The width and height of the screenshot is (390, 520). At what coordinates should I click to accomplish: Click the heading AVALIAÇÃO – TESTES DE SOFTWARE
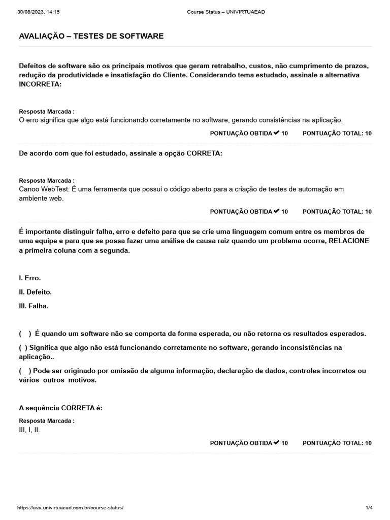pos(91,36)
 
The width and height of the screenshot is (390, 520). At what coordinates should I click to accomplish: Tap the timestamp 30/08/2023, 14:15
pos(38,12)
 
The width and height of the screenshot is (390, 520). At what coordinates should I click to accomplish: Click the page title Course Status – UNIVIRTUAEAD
pos(225,12)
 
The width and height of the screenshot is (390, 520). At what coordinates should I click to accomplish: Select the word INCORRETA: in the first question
pos(40,84)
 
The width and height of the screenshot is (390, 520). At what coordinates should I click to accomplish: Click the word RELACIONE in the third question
pos(349,240)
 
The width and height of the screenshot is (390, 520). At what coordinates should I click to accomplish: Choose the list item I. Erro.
pos(29,278)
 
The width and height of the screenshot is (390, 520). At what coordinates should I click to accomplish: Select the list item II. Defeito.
pos(35,292)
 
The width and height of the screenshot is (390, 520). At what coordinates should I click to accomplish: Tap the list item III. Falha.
pos(34,306)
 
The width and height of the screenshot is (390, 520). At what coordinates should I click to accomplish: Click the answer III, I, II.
pos(29,430)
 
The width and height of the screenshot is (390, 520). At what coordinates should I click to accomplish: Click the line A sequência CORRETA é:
pos(60,408)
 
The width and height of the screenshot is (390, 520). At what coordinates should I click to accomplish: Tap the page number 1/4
pos(369,507)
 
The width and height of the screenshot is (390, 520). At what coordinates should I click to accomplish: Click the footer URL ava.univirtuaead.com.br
pos(71,507)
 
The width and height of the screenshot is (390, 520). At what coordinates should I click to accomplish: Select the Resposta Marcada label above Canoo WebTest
pos(47,180)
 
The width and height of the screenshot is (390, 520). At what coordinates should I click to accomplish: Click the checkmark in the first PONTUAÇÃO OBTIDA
pos(276,133)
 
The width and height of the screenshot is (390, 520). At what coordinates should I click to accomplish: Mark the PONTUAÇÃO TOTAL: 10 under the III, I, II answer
pos(337,443)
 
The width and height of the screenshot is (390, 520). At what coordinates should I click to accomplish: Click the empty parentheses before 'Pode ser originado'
pos(25,371)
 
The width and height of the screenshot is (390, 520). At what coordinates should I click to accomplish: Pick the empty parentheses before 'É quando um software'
pos(25,334)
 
